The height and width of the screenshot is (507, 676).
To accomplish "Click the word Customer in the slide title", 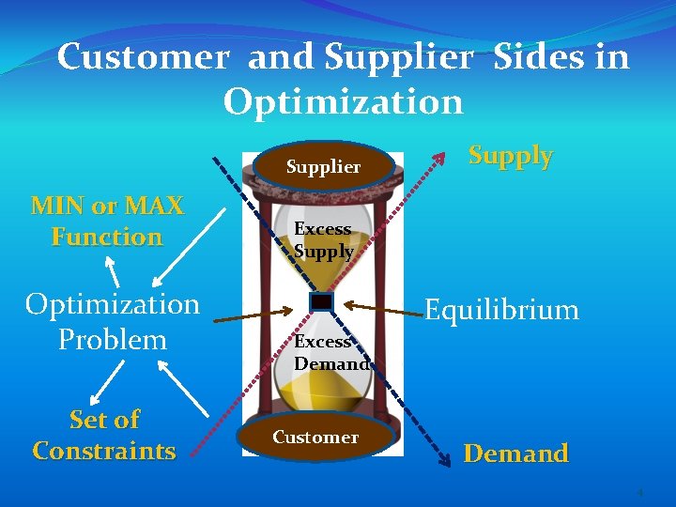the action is click(x=142, y=58).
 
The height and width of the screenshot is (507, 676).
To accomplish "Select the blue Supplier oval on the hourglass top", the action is click(x=322, y=166).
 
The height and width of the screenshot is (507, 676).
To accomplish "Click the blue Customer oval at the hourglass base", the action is click(x=315, y=437).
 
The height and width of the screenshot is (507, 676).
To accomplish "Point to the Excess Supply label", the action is click(x=323, y=240).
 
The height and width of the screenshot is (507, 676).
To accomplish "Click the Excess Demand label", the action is click(x=330, y=352).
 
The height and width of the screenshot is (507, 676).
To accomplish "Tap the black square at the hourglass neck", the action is click(x=321, y=301).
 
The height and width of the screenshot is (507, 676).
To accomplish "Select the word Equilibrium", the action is click(x=501, y=310).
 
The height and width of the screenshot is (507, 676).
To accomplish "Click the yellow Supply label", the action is click(x=510, y=156).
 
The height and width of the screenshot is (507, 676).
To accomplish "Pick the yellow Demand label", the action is click(x=515, y=453).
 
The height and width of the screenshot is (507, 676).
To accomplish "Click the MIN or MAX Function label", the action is click(x=107, y=221).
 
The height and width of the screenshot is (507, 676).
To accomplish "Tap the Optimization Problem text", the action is click(x=112, y=321).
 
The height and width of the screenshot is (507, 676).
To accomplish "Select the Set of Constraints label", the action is click(x=104, y=435).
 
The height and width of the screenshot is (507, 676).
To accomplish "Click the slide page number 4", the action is click(x=639, y=493).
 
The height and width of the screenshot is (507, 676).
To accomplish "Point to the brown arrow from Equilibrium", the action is click(x=380, y=306).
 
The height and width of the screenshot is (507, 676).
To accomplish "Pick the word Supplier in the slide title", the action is click(x=398, y=58).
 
